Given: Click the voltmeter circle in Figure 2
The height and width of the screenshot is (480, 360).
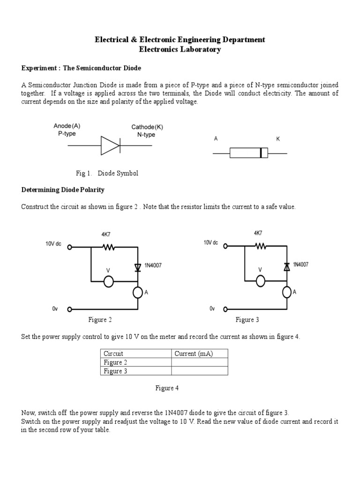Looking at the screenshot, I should click(x=108, y=281).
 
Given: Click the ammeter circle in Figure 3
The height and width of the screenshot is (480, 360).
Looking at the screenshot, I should click(x=287, y=292).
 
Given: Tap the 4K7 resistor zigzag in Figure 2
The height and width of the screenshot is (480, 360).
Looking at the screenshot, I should click(x=108, y=247).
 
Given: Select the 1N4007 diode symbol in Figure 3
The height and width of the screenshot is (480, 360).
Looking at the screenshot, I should click(x=287, y=266).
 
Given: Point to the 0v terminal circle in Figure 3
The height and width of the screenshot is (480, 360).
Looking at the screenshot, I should click(x=225, y=309).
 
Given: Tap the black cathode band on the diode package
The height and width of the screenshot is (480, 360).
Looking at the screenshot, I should click(x=261, y=153).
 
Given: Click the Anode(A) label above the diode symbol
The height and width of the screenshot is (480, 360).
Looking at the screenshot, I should click(x=67, y=126).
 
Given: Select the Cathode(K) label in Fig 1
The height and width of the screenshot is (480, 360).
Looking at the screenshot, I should click(x=147, y=127).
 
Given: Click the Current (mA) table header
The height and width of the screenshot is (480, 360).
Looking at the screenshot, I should click(x=194, y=354).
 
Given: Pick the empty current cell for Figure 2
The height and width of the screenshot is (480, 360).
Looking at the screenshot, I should click(x=200, y=362).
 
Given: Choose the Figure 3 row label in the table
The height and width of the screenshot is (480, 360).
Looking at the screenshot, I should click(x=115, y=371).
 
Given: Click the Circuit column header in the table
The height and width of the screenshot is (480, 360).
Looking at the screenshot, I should click(x=113, y=354).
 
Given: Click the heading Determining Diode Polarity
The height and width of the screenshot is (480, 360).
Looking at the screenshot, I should click(x=63, y=190).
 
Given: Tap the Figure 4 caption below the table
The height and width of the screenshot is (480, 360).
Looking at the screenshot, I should click(x=167, y=388).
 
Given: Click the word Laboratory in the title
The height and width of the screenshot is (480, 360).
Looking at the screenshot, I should click(x=201, y=50).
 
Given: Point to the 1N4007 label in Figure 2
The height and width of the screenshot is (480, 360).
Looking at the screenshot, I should click(x=154, y=266).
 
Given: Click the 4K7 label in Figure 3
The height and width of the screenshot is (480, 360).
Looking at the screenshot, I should click(x=258, y=233).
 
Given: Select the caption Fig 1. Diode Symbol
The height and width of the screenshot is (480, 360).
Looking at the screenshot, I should click(x=107, y=173).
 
